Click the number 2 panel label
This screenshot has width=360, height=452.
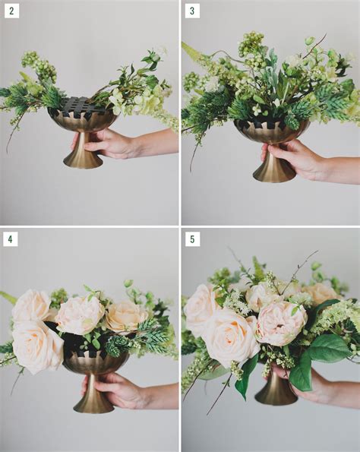pyautogui.click(x=11, y=11)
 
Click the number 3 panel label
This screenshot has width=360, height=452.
pyautogui.click(x=192, y=11)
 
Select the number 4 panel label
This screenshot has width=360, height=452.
pyautogui.click(x=11, y=239)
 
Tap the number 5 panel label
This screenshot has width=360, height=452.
pyautogui.click(x=192, y=239)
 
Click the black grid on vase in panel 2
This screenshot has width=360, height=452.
pyautogui.click(x=82, y=107)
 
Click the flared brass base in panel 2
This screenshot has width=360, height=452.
pyautogui.click(x=83, y=159)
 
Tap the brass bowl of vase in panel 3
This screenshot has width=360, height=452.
pyautogui.click(x=270, y=131)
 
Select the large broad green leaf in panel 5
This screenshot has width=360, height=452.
pyautogui.click(x=328, y=348)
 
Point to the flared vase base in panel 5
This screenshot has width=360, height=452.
pyautogui.click(x=275, y=394)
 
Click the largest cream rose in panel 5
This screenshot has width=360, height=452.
pyautogui.click(x=229, y=337)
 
